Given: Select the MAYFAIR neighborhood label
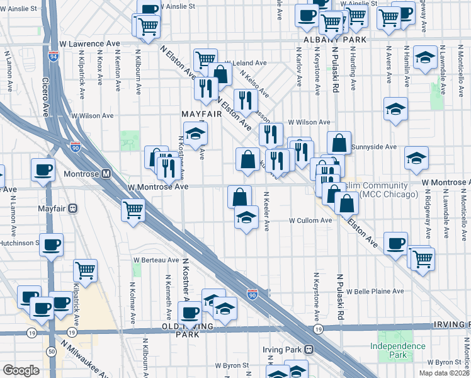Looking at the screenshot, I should pos(201,114).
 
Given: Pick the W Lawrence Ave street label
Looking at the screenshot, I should pos(89,44).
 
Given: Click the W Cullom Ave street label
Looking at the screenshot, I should pos(310,220).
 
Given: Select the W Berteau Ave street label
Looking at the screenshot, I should pos(156,260).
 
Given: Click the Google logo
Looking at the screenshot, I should pos(21,370).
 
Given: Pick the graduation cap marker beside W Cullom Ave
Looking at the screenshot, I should pos(246,218).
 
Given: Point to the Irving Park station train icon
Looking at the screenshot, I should pos(309,349).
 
